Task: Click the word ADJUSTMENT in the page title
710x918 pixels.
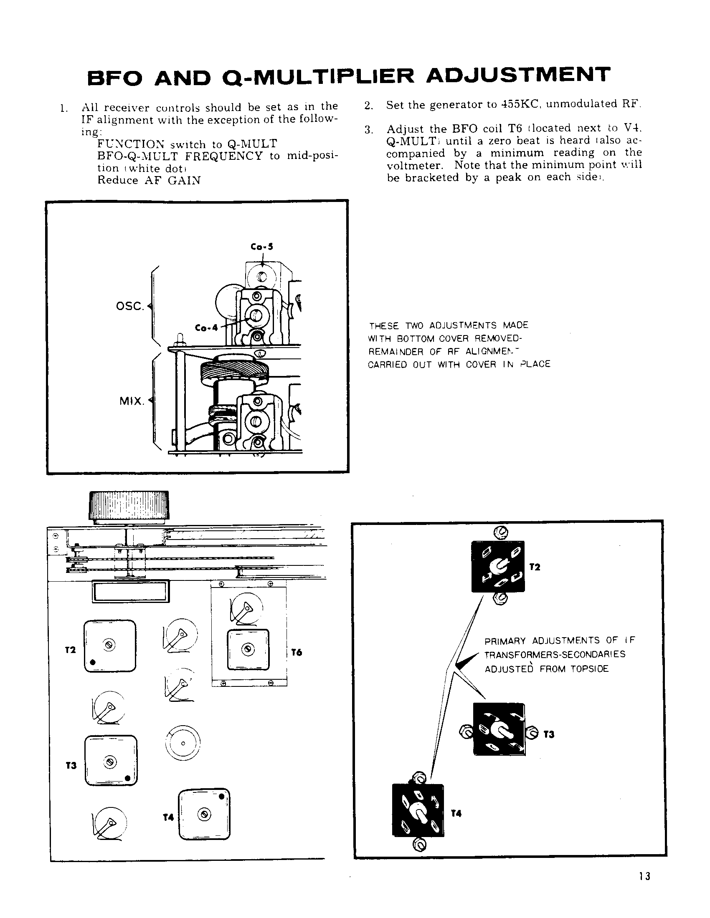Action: (518, 76)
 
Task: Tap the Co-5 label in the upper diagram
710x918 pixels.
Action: (261, 247)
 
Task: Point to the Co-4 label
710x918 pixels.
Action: (206, 328)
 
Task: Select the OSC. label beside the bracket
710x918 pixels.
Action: (130, 306)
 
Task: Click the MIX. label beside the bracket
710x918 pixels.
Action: (132, 401)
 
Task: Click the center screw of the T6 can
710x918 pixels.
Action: (248, 649)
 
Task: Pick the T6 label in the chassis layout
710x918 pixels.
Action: (297, 652)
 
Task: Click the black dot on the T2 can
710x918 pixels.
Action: (92, 663)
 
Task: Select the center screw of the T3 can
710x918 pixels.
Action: (111, 761)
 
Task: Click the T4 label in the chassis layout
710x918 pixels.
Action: (168, 817)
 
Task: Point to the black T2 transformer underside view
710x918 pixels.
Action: (498, 567)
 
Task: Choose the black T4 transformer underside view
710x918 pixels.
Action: (418, 810)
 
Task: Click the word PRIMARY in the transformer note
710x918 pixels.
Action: (505, 641)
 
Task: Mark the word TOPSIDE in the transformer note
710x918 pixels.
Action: (589, 669)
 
